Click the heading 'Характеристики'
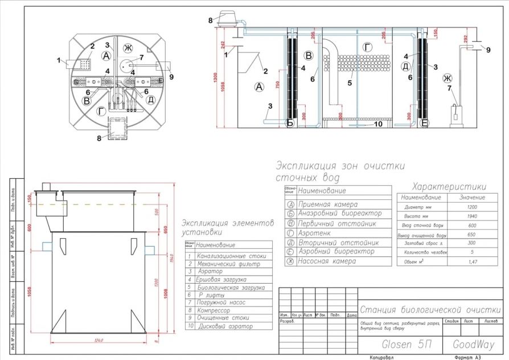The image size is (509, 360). [x=449, y=186]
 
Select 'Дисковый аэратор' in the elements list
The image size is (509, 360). [x=224, y=326]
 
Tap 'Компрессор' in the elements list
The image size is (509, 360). [x=214, y=310]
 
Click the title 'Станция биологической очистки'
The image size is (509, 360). [x=430, y=309]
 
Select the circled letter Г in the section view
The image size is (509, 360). [x=368, y=46]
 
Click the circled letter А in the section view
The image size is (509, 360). [x=259, y=87]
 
